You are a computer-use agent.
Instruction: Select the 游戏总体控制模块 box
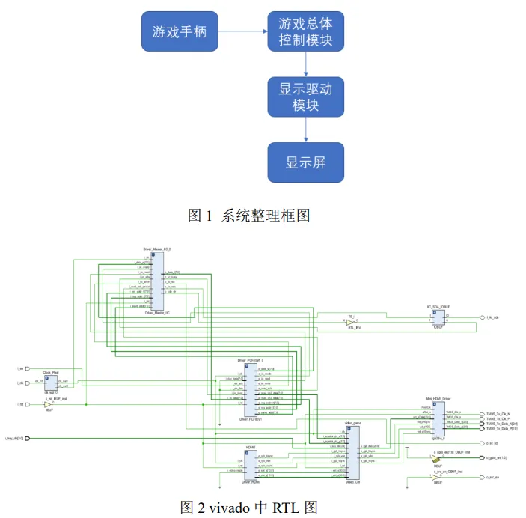[305, 31]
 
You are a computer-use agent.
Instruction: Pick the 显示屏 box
[305, 162]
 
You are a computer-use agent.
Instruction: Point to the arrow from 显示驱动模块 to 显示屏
[305, 131]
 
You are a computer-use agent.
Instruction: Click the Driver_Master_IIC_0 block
[156, 281]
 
